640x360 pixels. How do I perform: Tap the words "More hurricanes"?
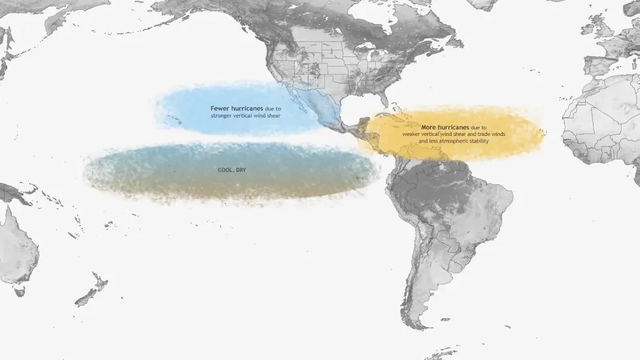(x=439, y=127)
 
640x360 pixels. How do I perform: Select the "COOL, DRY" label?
(x=232, y=170)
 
